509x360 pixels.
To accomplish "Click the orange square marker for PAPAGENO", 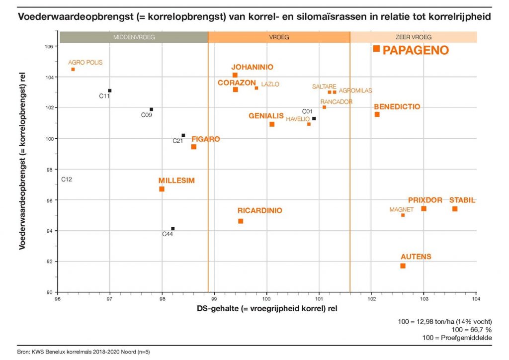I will pyautogui.click(x=376, y=49).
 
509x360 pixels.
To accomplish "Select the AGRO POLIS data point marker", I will pyautogui.click(x=73, y=69).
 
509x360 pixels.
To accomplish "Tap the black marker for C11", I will pyautogui.click(x=110, y=90).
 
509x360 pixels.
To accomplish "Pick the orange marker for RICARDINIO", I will pyautogui.click(x=241, y=221).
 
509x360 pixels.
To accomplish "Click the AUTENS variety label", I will pyautogui.click(x=416, y=257).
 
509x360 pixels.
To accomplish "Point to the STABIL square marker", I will pyautogui.click(x=455, y=209).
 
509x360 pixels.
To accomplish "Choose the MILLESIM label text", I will pyautogui.click(x=176, y=180).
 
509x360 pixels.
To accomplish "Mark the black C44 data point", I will pyautogui.click(x=173, y=229).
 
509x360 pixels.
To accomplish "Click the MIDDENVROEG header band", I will pyautogui.click(x=134, y=37).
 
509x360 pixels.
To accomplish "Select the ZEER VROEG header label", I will pyautogui.click(x=414, y=37).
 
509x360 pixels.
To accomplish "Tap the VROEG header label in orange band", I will pyautogui.click(x=279, y=37).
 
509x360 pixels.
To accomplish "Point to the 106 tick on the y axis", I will pyautogui.click(x=50, y=47).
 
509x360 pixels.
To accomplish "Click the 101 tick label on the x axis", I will pyautogui.click(x=319, y=299).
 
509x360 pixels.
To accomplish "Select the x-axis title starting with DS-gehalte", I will pyautogui.click(x=267, y=309).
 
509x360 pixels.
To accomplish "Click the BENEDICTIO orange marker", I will pyautogui.click(x=377, y=114).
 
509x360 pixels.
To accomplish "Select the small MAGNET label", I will pyautogui.click(x=402, y=210).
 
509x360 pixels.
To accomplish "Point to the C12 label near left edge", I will pyautogui.click(x=67, y=179).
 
